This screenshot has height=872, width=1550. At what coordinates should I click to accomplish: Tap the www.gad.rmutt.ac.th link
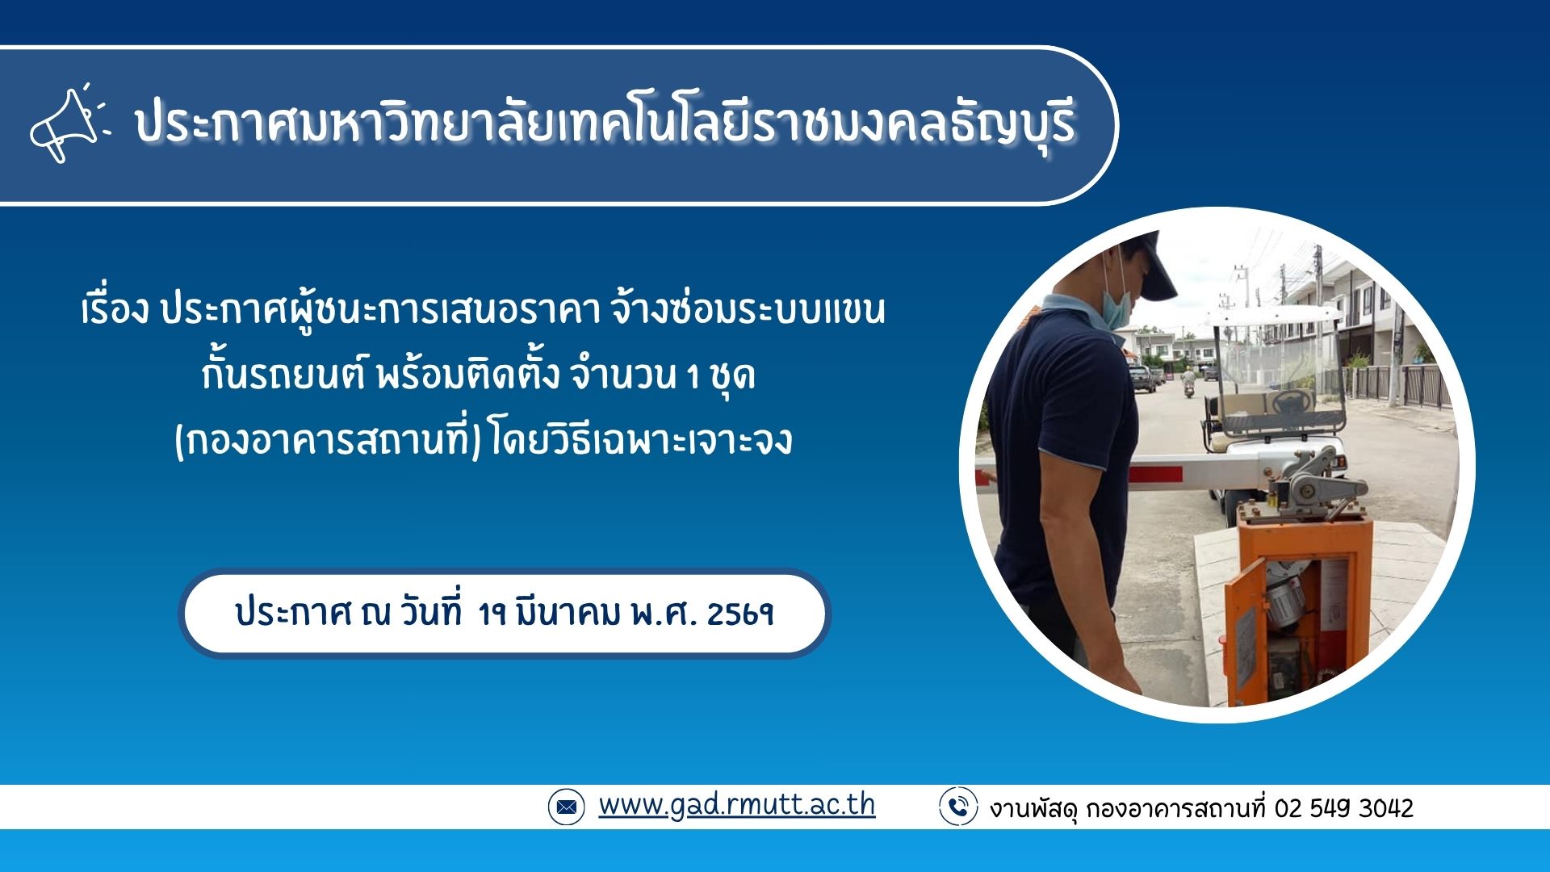(x=736, y=805)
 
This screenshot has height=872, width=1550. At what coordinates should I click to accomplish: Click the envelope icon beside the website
(x=565, y=807)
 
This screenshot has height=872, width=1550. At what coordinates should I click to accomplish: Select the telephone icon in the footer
(x=958, y=807)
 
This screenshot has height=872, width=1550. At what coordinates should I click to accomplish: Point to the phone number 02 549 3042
(x=1343, y=808)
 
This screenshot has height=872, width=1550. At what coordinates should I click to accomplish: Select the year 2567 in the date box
(x=740, y=614)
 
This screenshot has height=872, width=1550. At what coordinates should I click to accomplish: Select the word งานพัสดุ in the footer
(x=1034, y=808)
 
